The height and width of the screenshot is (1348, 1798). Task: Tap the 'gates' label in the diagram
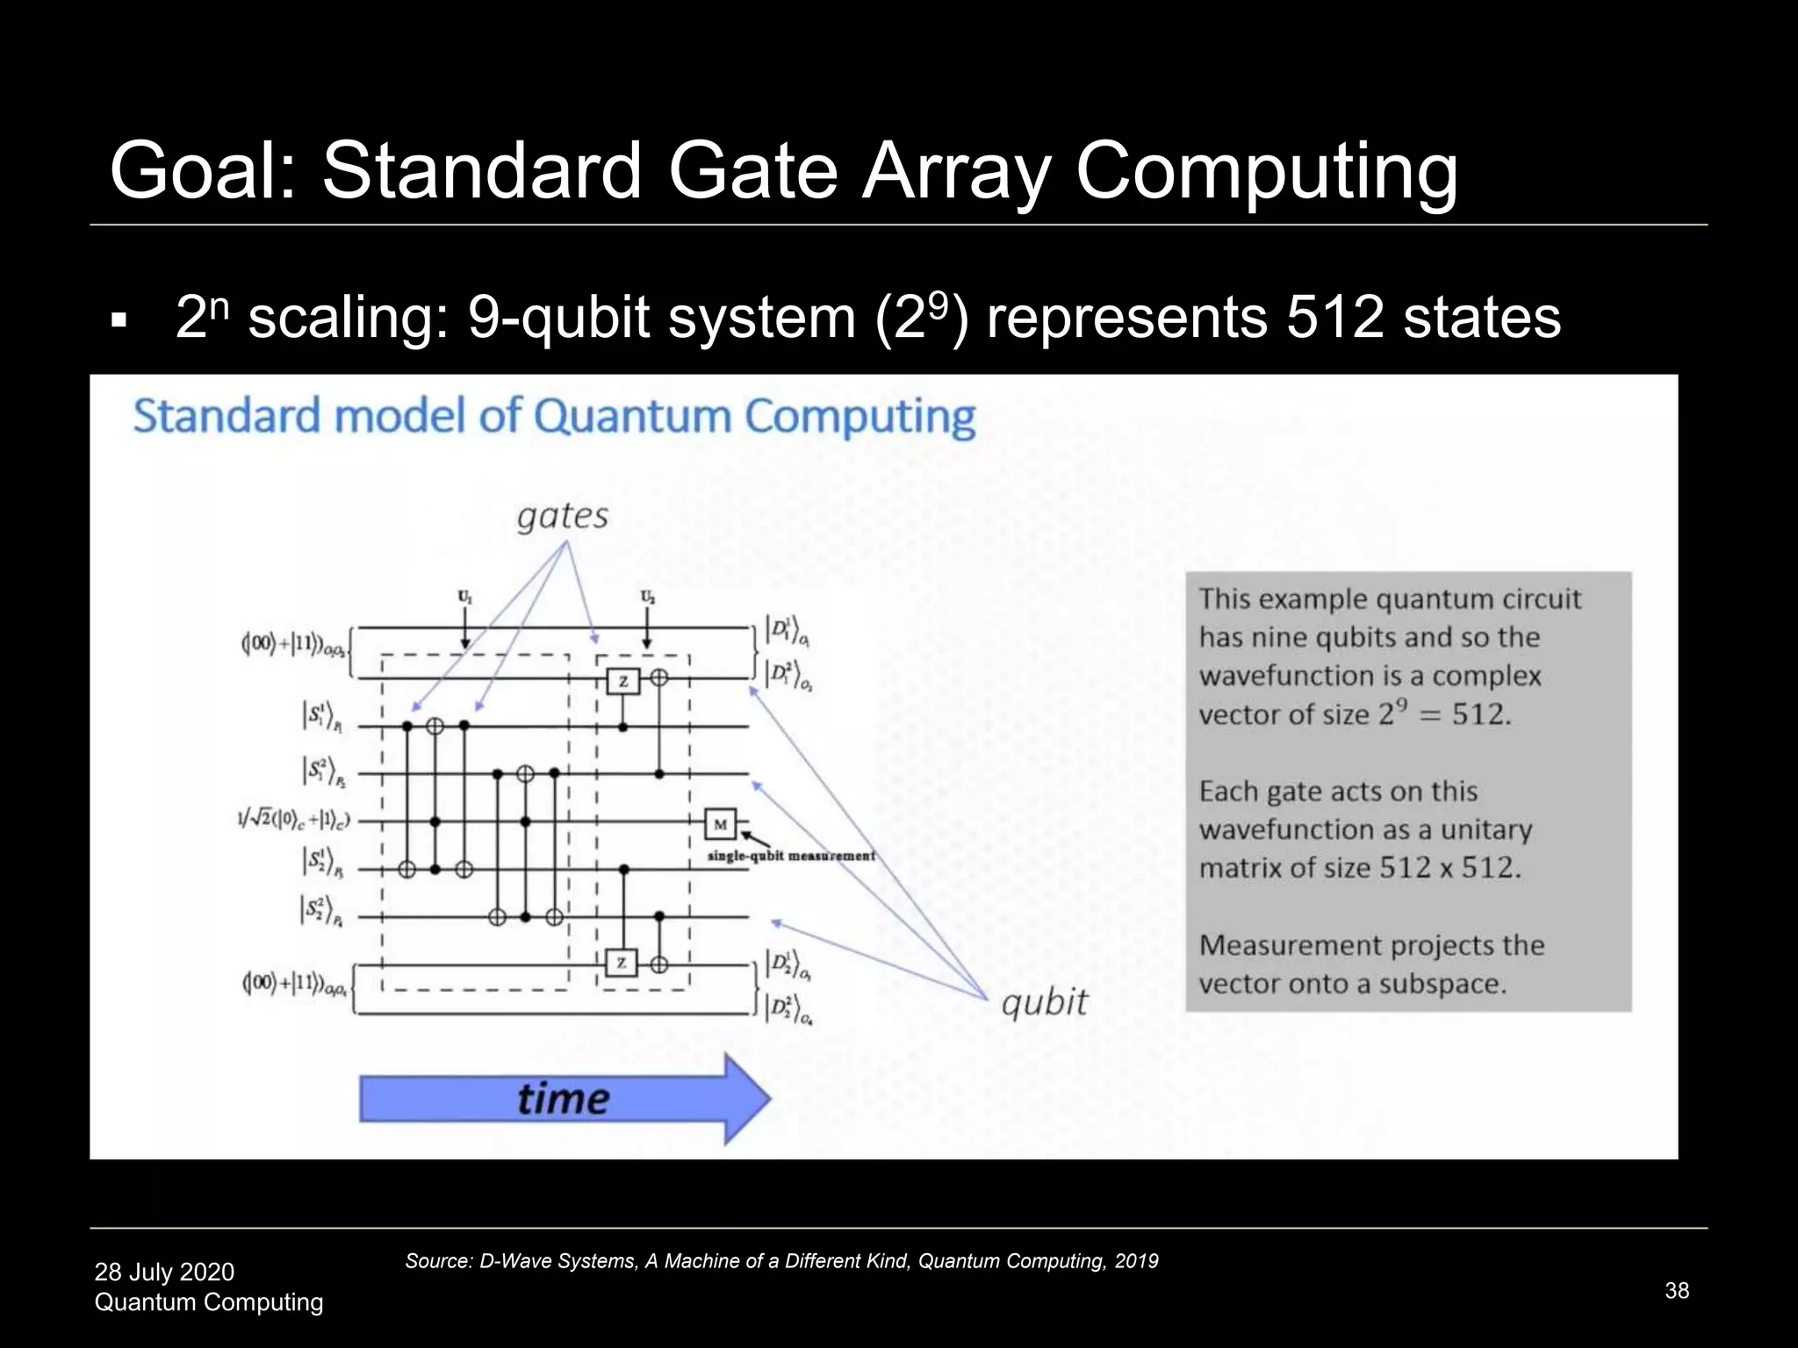coord(563,516)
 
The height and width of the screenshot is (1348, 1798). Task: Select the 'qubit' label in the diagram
coord(1044,1001)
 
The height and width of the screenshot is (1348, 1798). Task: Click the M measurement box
coord(720,824)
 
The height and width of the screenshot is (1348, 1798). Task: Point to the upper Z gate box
coord(622,680)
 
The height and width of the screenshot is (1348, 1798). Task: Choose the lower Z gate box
coord(621,963)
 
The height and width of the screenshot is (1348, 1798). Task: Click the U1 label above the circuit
coord(464,598)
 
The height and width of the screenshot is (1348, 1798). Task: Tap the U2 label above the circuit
coord(647,598)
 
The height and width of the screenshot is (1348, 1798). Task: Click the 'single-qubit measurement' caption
coord(791,856)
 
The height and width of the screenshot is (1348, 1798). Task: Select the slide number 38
coord(1677,1290)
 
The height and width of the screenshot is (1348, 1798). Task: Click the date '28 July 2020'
coord(164,1272)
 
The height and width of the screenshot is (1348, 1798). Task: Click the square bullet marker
coord(119,321)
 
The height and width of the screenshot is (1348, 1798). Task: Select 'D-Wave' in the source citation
coord(507,1261)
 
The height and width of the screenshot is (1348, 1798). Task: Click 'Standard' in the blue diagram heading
coord(227,416)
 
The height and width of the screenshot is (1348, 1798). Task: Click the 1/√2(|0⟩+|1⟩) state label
coord(293,820)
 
